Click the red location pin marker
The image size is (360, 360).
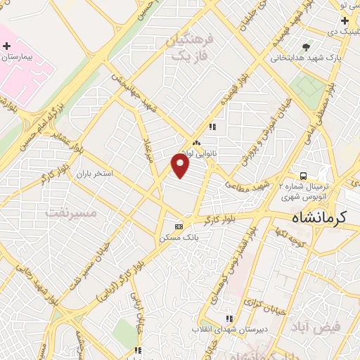[181, 166]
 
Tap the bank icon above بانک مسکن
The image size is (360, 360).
[179, 226]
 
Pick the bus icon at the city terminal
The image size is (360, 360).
[303, 175]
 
